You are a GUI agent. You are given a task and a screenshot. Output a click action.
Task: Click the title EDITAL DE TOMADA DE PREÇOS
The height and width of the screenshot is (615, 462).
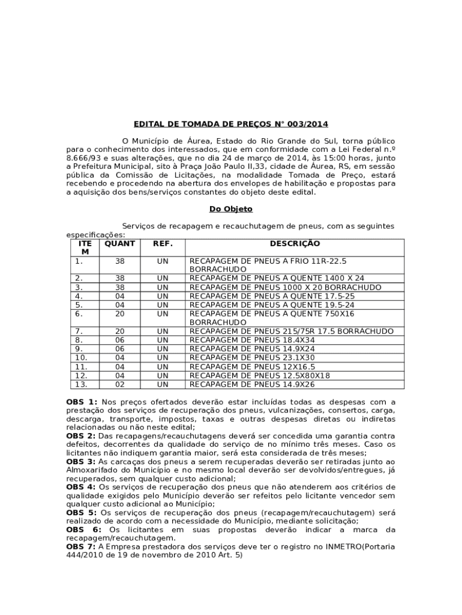[x=231, y=124]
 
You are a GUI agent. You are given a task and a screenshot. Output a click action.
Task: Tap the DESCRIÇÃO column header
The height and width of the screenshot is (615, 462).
[x=295, y=244]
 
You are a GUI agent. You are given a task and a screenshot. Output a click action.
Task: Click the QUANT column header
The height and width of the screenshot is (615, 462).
[x=119, y=244]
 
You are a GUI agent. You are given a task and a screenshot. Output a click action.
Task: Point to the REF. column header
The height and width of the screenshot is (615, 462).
[x=163, y=244]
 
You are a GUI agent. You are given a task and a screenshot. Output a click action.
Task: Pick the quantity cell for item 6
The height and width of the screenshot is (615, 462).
[x=119, y=314]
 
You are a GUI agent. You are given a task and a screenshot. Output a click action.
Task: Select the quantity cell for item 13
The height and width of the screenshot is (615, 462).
[x=119, y=384]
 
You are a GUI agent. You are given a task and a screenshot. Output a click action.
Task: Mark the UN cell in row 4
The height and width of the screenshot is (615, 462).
[x=163, y=296]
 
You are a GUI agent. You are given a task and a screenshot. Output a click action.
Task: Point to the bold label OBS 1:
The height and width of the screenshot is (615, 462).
[x=82, y=402]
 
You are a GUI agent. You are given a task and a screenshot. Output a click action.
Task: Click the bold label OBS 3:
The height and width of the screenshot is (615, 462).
[x=81, y=461]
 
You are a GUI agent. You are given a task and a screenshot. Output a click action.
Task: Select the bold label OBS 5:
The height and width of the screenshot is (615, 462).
[x=81, y=513]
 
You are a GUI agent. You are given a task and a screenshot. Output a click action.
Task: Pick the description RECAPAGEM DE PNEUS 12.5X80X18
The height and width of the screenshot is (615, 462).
[x=260, y=375]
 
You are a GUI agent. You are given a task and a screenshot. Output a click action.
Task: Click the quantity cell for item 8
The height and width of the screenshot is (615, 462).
[x=119, y=340]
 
